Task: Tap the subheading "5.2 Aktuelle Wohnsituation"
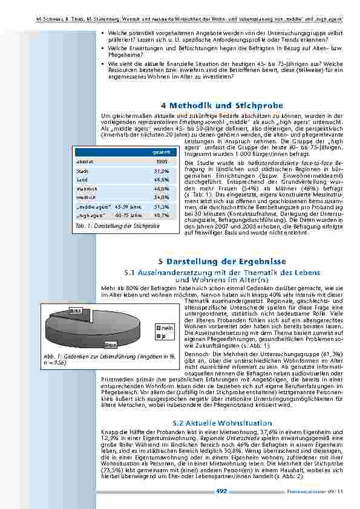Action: pyautogui.click(x=222, y=423)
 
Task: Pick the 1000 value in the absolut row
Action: pyautogui.click(x=162, y=162)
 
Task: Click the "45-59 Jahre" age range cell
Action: pyautogui.click(x=128, y=206)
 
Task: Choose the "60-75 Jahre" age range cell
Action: pyautogui.click(x=128, y=215)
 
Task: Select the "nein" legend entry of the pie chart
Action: pyautogui.click(x=168, y=327)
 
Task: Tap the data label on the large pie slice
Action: pyautogui.click(x=111, y=344)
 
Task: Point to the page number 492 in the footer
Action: pyautogui.click(x=221, y=491)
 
